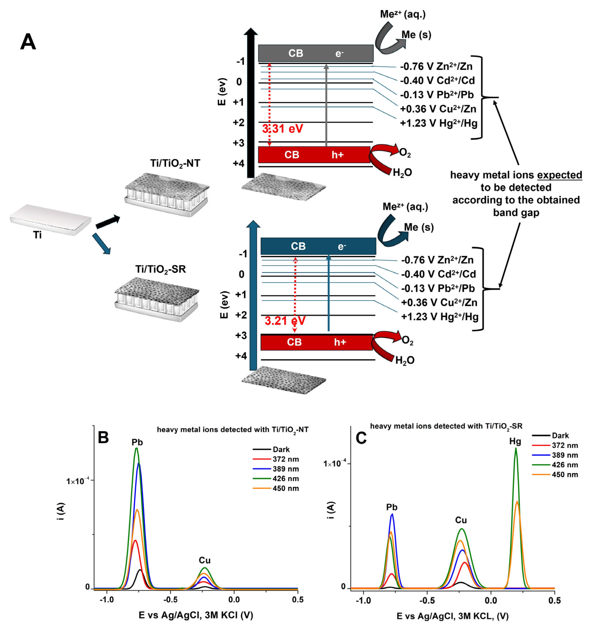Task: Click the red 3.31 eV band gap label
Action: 282,129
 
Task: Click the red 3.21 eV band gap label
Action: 285,321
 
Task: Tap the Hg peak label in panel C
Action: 515,441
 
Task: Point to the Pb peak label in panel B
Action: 137,442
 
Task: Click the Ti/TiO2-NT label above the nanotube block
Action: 175,164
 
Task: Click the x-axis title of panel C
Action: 452,616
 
